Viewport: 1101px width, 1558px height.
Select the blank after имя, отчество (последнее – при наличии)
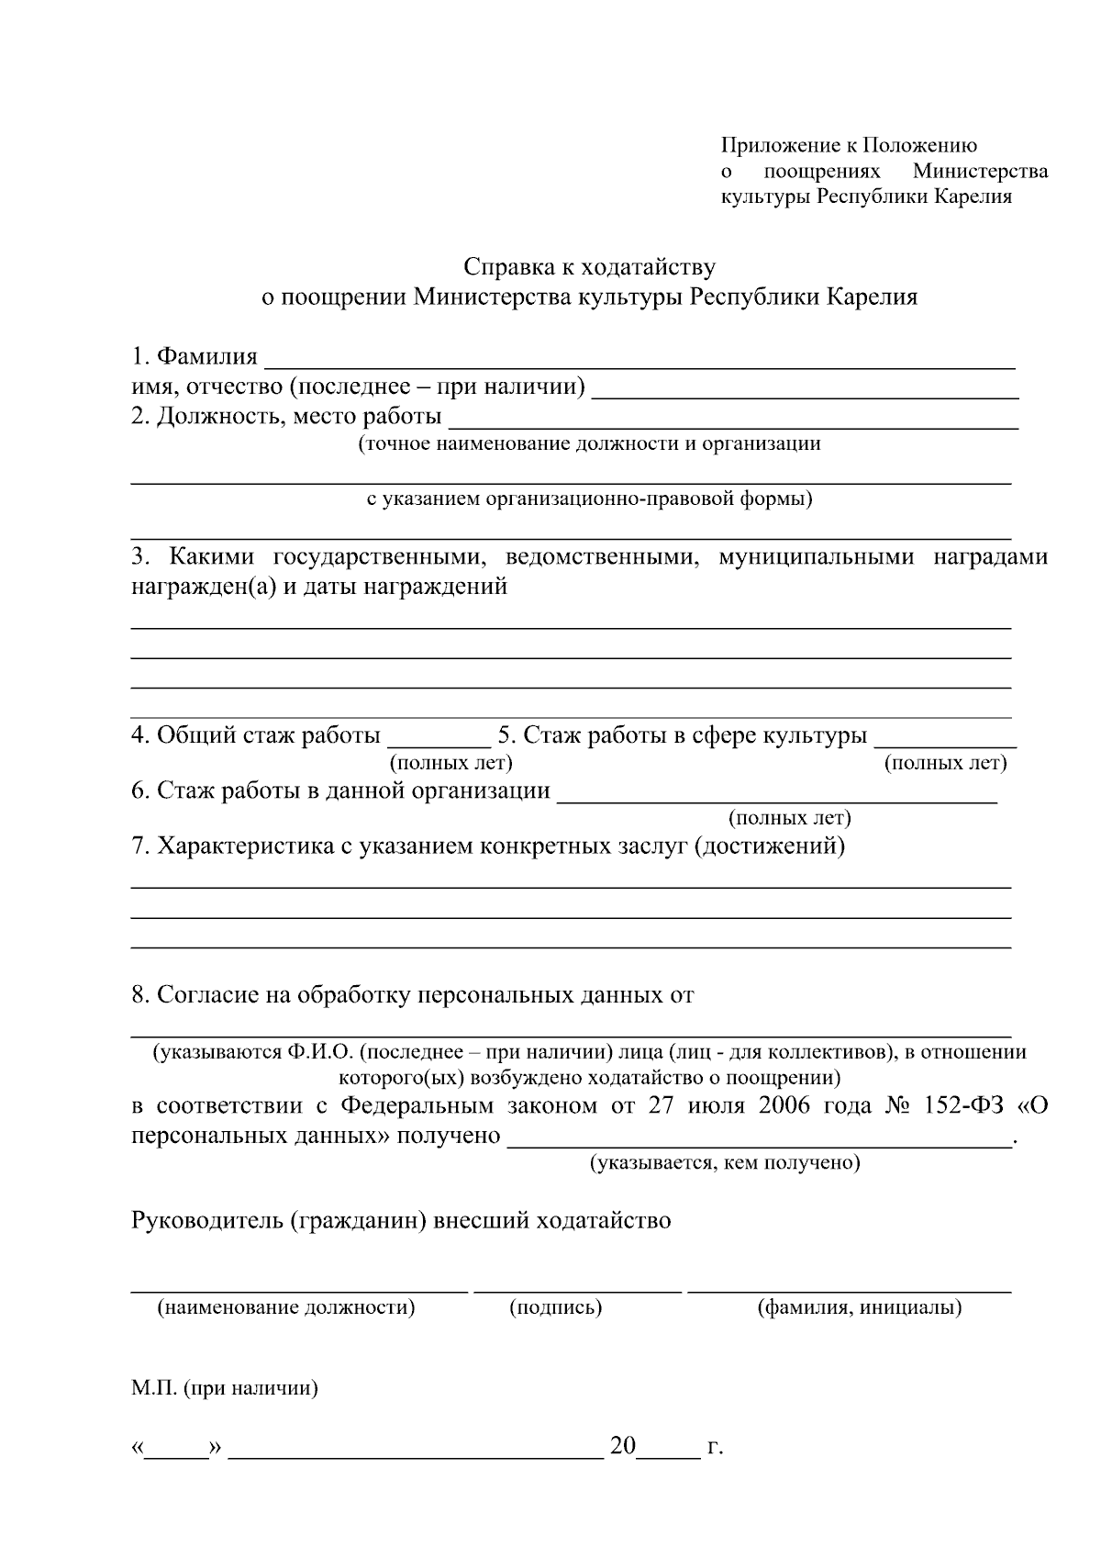tap(805, 395)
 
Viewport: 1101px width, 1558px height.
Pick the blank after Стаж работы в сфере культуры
tap(946, 745)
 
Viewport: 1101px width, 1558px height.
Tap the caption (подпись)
tap(556, 1307)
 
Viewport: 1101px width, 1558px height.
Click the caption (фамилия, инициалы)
tap(859, 1307)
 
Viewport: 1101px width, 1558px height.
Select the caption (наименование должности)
tap(286, 1307)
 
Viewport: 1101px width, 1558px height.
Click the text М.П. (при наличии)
tap(225, 1388)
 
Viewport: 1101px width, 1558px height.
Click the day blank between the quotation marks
tap(177, 1452)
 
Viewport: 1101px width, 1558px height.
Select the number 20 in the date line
tap(622, 1447)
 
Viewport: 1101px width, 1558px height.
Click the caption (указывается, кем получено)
tap(724, 1163)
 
